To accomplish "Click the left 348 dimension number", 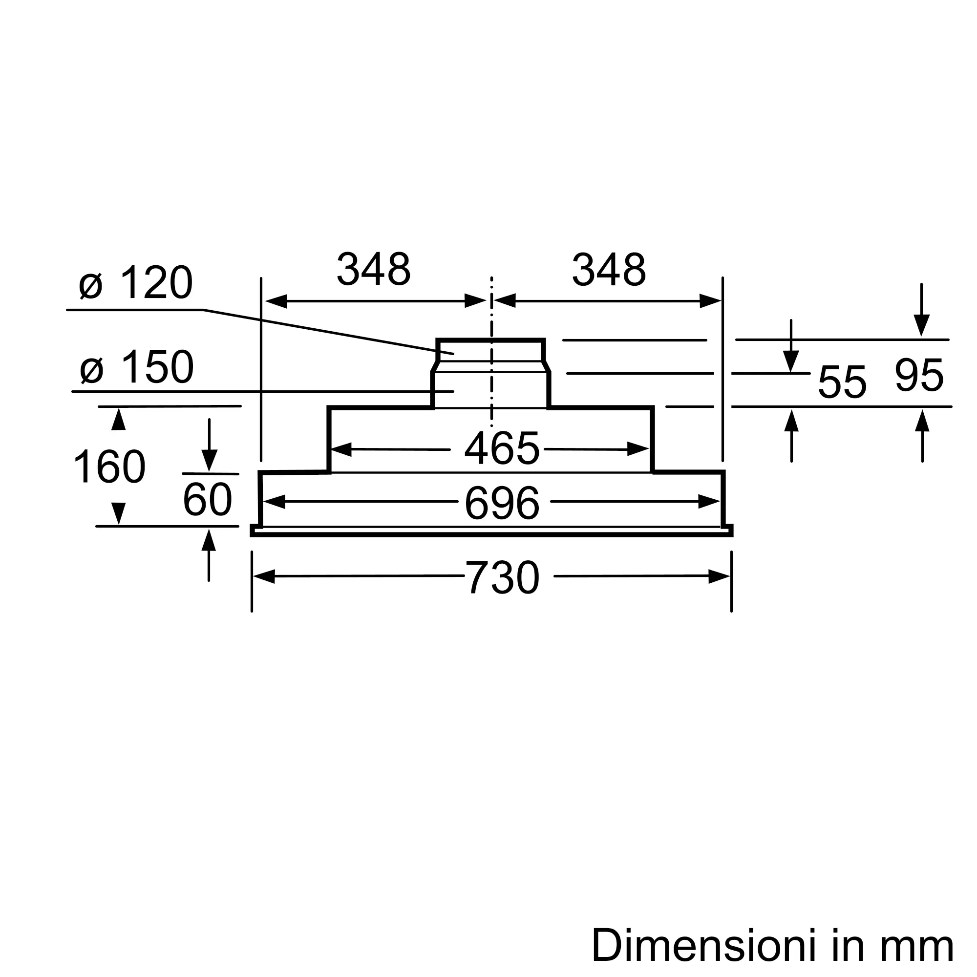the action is click(373, 269).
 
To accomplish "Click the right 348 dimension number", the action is click(609, 269).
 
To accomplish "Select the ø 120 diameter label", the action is click(135, 282).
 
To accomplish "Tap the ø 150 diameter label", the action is click(137, 367).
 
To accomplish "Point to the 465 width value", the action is click(502, 448).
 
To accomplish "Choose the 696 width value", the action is click(502, 503).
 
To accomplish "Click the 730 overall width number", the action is click(502, 577).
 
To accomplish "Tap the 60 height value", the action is click(207, 500).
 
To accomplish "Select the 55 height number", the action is click(842, 382).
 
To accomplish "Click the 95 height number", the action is click(919, 375).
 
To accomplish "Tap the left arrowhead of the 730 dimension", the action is click(263, 576).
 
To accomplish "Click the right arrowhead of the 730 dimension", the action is click(719, 576).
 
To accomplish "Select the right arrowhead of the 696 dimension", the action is click(709, 502).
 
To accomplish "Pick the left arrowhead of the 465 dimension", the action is click(340, 449).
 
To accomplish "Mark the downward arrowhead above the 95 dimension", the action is click(921, 325).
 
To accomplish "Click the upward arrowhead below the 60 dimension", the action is click(209, 540).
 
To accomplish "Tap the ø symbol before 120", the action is click(91, 286).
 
